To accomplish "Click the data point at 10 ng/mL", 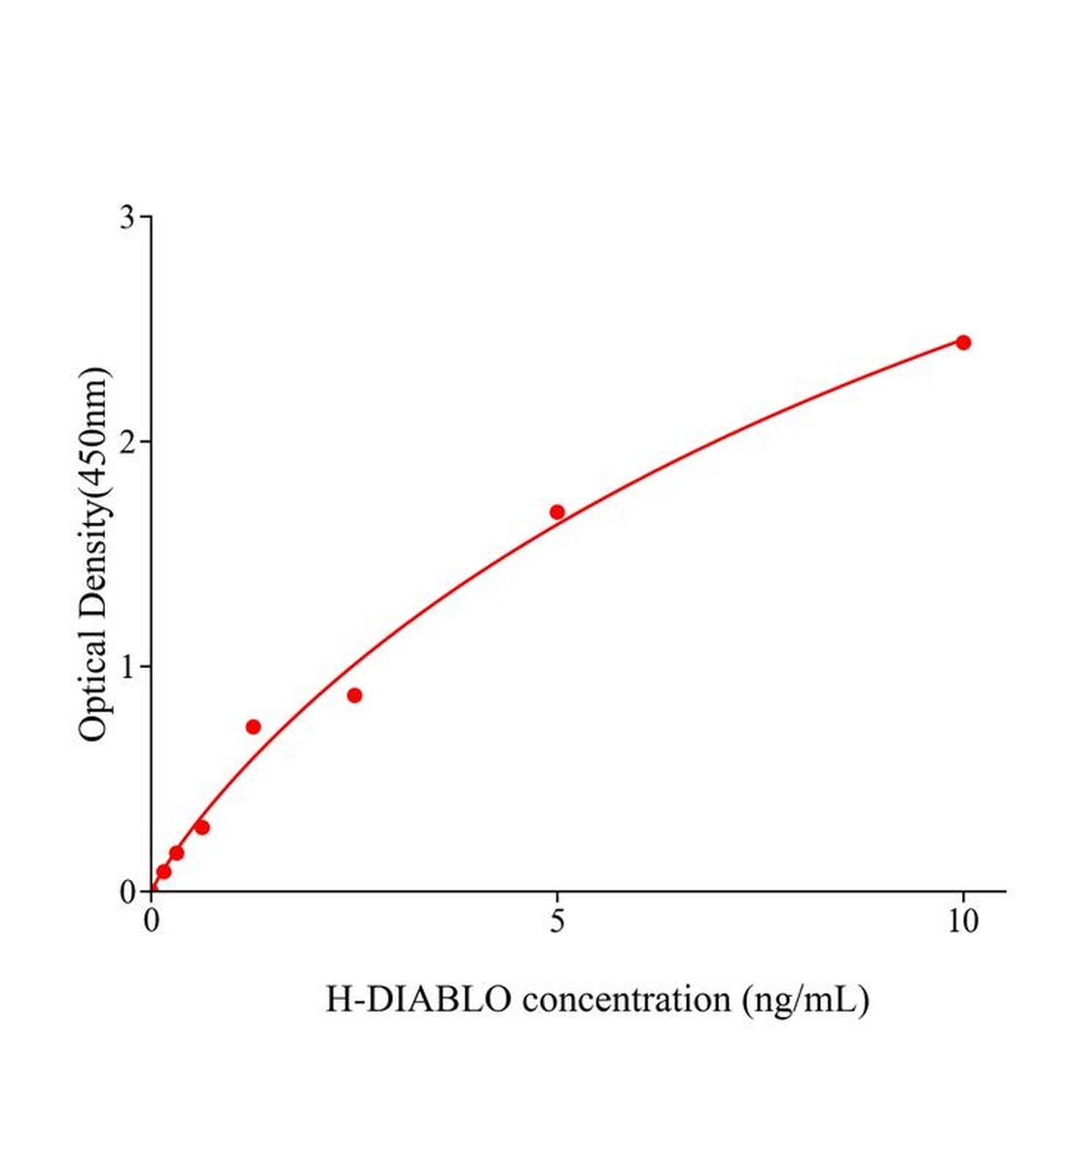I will click(x=963, y=342).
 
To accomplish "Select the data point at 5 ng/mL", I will click(x=557, y=512).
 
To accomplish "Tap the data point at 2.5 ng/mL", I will click(x=354, y=695).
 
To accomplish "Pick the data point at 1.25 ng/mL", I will click(x=253, y=726).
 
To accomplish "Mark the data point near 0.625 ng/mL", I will click(x=202, y=828).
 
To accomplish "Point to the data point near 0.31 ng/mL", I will click(x=176, y=853).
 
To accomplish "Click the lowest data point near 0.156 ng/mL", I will click(x=163, y=871).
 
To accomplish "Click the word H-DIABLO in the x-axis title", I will click(x=418, y=999).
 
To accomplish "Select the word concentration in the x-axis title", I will click(x=626, y=999).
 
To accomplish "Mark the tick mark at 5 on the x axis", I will click(x=557, y=898).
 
